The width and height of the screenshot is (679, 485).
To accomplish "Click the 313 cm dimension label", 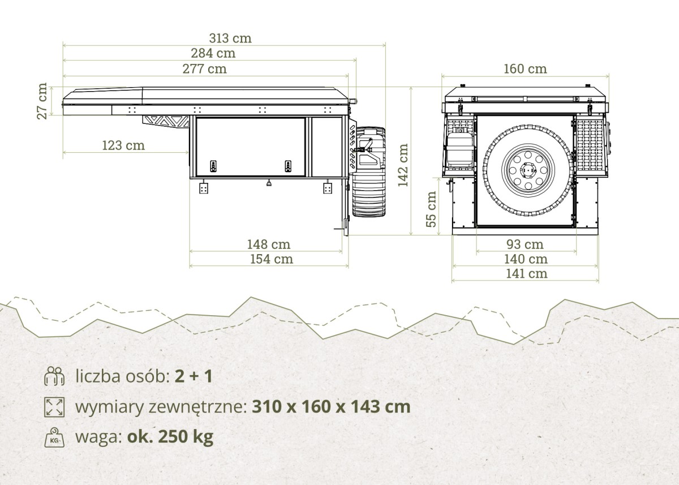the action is point(230,38).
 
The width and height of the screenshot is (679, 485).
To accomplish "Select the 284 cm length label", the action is point(213,53).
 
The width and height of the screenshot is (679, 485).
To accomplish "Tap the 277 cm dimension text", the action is point(205,69).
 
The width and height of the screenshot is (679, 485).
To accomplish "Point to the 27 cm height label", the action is point(42,101).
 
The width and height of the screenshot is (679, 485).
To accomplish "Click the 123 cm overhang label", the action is point(123,145).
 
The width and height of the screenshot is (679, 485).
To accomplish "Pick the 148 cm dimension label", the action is point(269,244).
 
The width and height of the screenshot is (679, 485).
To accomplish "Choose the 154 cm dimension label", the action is point(272,259).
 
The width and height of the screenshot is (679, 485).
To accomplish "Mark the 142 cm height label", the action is point(403,165).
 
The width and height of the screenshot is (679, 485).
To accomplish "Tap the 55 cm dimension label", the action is point(431,209).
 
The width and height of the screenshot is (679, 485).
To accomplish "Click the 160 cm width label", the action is point(525,69).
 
